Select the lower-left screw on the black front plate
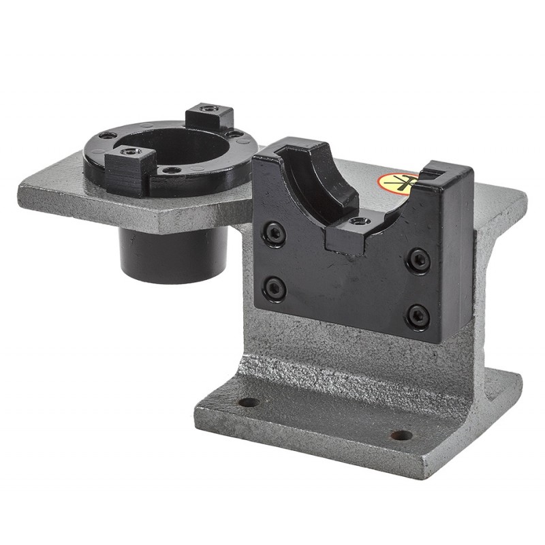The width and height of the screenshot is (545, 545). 275,288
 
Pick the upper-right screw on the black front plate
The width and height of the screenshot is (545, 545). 418,260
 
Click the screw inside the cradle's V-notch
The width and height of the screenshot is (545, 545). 358,221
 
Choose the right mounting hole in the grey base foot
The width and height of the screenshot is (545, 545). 401,435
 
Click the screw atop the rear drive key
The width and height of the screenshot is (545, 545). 209,109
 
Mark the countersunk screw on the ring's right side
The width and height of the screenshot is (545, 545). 235,134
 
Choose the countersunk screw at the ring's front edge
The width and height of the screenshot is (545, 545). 172,170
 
